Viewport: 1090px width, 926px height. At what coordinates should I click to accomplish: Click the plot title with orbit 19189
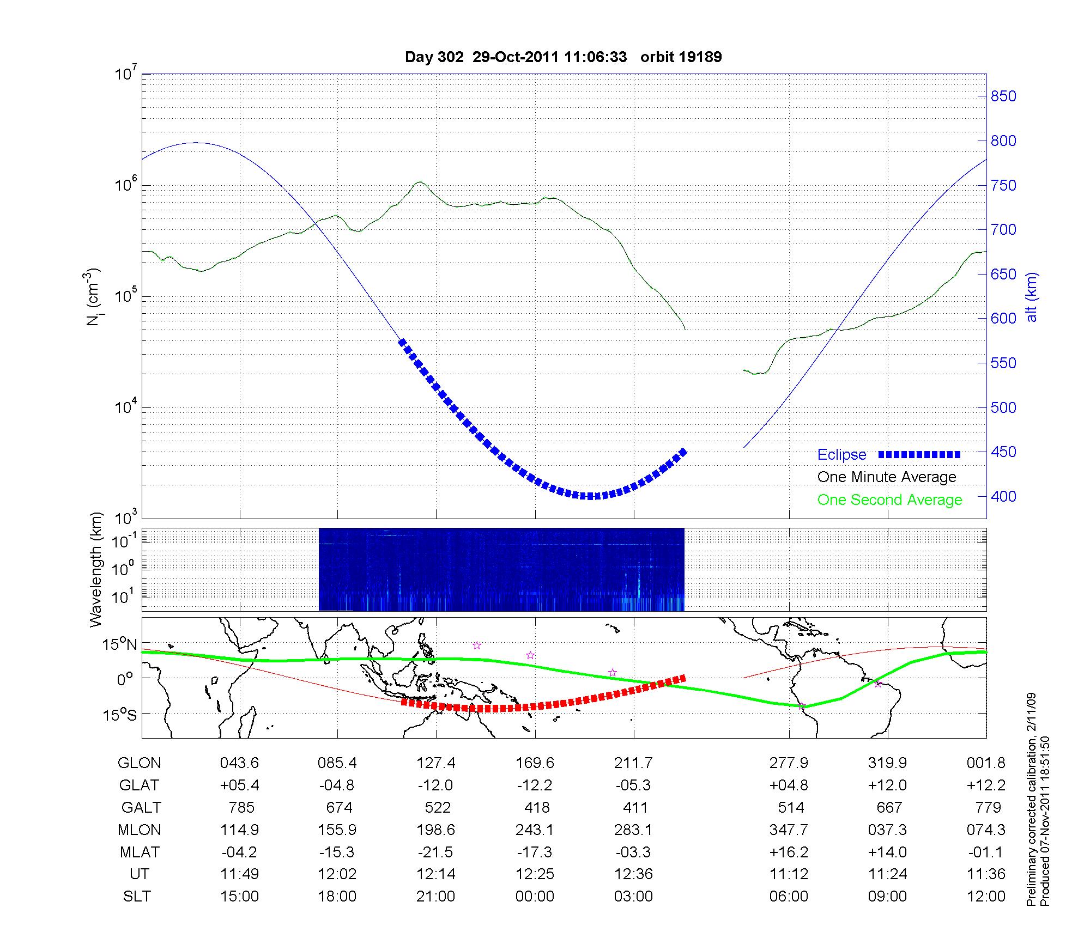(563, 57)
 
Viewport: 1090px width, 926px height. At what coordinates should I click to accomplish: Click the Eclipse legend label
(841, 455)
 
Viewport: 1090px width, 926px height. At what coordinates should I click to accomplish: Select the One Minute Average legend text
(887, 477)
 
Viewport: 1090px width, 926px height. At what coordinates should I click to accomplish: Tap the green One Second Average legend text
(889, 500)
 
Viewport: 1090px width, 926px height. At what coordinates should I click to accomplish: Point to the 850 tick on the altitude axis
(1003, 96)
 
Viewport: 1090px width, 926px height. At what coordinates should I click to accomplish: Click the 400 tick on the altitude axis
(1003, 496)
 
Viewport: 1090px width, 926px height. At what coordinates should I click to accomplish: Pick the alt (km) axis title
(1032, 297)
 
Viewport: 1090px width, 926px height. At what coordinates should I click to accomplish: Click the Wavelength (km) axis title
(96, 570)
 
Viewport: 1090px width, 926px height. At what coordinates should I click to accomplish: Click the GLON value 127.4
(436, 763)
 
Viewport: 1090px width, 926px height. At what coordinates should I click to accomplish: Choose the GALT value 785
(240, 807)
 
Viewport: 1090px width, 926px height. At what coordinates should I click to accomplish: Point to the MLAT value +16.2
(789, 852)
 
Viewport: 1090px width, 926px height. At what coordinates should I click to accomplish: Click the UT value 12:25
(535, 874)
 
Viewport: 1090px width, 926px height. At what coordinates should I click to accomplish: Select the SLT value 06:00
(789, 897)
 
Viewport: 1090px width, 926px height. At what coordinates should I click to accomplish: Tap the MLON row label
(140, 830)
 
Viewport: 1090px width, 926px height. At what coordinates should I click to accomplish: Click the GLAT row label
(140, 785)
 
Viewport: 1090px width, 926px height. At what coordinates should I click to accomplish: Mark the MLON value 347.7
(789, 830)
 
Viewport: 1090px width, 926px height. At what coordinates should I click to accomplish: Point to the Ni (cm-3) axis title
(94, 297)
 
